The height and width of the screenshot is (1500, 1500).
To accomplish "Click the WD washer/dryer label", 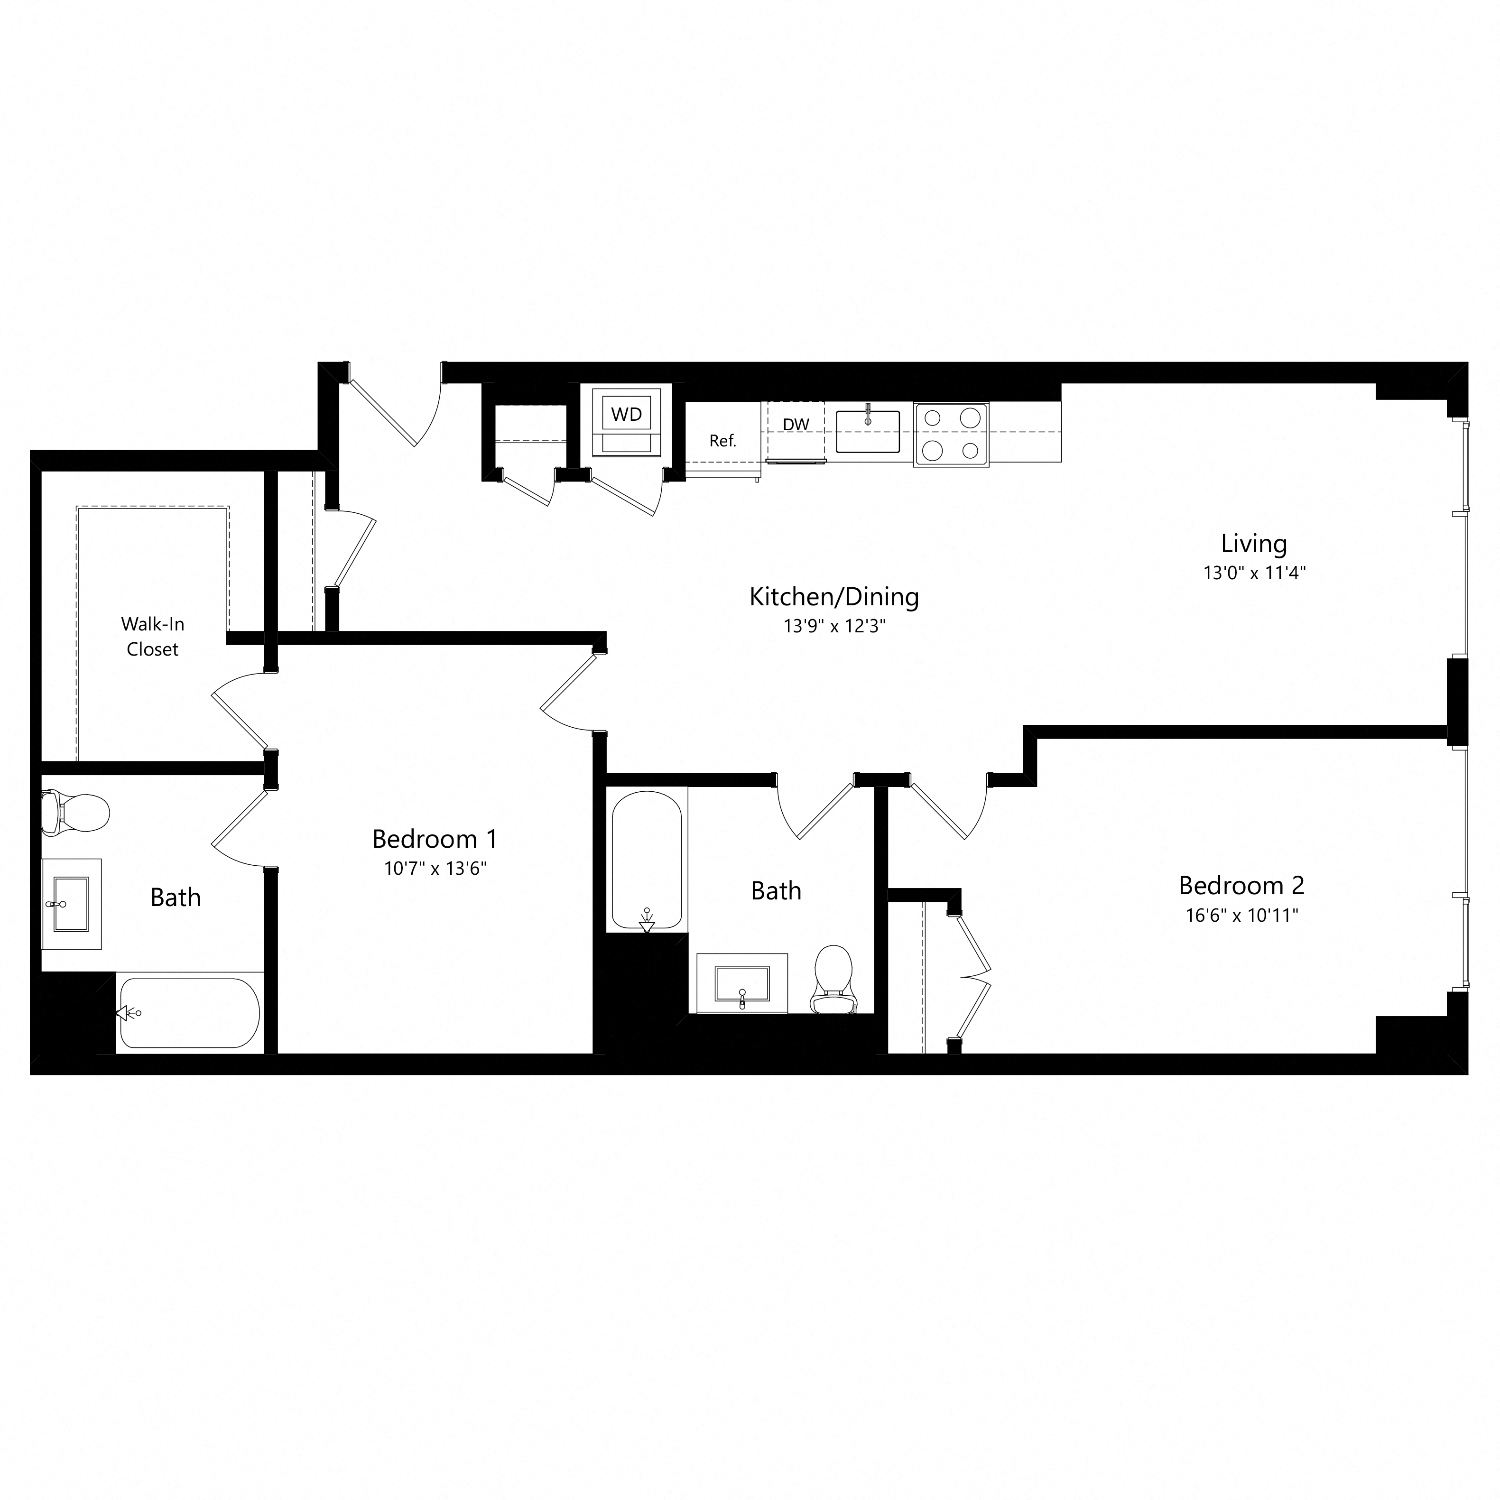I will click(627, 415).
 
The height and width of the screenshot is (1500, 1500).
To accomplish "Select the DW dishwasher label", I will click(796, 425).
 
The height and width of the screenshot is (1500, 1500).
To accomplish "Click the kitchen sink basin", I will click(867, 432).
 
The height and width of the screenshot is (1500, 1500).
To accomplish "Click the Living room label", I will click(1253, 544).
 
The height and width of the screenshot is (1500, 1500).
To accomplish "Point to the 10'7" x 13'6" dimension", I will click(435, 868).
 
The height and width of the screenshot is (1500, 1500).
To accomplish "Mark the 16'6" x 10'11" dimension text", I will click(1241, 916).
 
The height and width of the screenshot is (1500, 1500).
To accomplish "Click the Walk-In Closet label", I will click(152, 637).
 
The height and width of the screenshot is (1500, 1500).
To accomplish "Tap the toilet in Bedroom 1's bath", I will click(75, 813).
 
